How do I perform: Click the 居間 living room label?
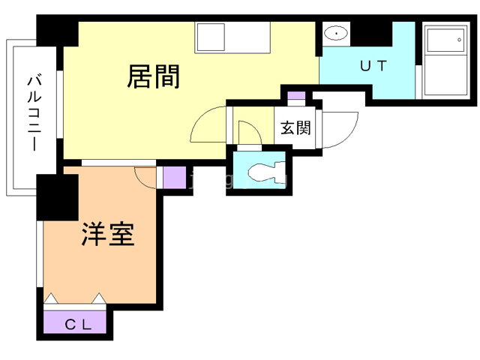pos(154,76)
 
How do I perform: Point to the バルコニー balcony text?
pos(34,112)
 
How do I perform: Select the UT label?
pos(373,66)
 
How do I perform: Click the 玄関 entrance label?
pos(295,127)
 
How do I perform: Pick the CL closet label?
pos(77,325)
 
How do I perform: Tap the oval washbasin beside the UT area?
pos(335,34)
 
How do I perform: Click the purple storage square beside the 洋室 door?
pos(174,178)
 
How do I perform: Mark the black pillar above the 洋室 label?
pos(57,196)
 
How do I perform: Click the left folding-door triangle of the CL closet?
pos(51,299)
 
